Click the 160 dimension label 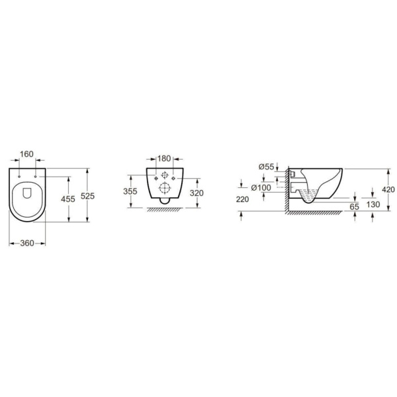[x=26, y=154]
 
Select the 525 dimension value [x=87, y=196]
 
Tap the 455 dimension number [x=68, y=198]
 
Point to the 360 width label [x=27, y=243]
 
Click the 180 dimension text [x=164, y=159]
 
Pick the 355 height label [x=130, y=191]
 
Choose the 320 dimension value [x=197, y=193]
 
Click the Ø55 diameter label [x=267, y=167]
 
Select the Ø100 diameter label [x=261, y=188]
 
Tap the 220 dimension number [x=243, y=199]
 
